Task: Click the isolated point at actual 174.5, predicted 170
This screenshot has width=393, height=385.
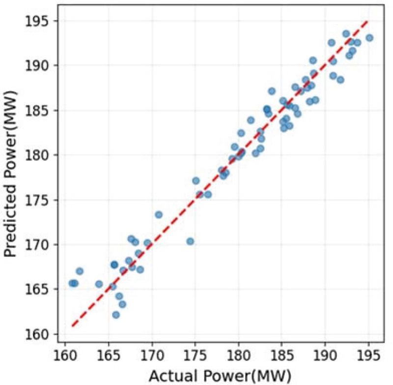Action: (x=190, y=241)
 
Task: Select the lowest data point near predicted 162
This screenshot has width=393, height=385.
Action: (x=116, y=315)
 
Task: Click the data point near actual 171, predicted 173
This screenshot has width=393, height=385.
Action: (x=159, y=215)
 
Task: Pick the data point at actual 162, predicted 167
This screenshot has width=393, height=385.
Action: (x=80, y=271)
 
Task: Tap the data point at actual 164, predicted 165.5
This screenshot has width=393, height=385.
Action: (x=99, y=284)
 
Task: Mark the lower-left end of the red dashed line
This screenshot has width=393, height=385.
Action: (x=72, y=326)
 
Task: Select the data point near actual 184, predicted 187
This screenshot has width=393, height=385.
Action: (x=272, y=91)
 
